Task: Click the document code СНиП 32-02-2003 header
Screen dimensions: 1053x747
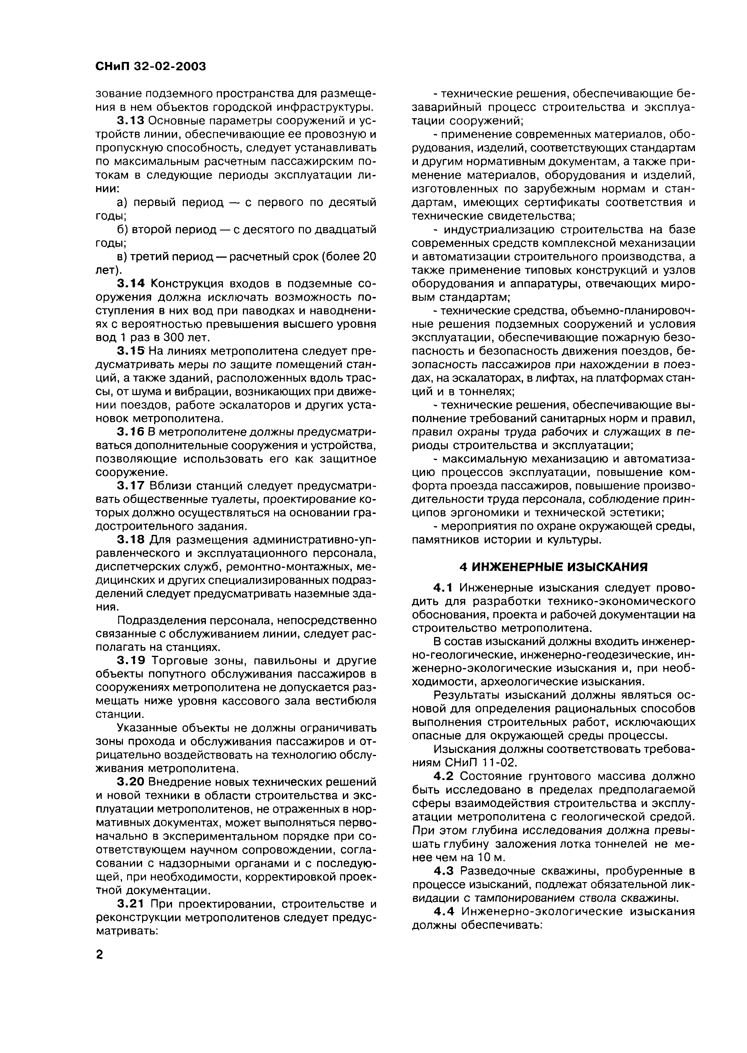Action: (x=150, y=67)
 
